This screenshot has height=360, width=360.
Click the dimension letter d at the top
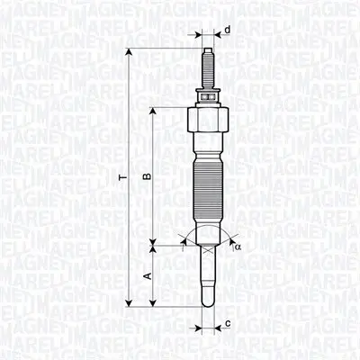tap(228, 31)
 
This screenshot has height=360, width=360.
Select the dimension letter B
tap(146, 176)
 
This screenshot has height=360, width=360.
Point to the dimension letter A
tap(146, 276)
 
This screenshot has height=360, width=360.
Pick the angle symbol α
tap(238, 246)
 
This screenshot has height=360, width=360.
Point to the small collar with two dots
tap(209, 92)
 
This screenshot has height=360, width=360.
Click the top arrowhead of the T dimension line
tap(131, 50)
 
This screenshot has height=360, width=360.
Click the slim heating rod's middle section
tap(209, 274)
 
